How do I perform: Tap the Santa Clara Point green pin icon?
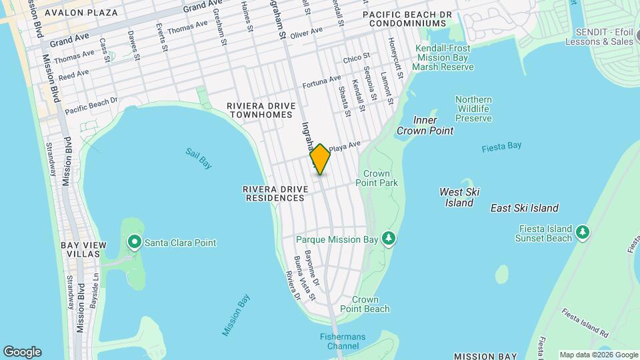tap(135, 242)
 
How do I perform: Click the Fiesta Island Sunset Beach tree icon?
tap(583, 231)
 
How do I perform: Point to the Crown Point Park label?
tap(377, 178)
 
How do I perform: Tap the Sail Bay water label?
tap(198, 158)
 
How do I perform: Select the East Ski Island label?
tap(524, 208)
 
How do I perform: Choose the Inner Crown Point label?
tap(425, 125)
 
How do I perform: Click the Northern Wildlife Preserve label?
tap(473, 109)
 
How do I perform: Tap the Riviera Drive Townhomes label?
tap(259, 110)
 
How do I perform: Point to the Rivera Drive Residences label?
tap(275, 193)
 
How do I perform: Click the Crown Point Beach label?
tap(365, 304)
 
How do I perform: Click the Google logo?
tap(22, 351)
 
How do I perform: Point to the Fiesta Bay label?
tap(501, 146)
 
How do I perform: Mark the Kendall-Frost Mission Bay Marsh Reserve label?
tap(443, 57)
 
